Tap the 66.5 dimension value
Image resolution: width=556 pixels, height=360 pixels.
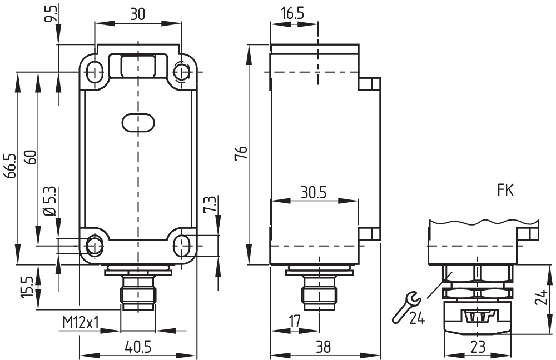(10, 166)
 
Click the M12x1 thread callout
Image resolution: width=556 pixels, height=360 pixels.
(81, 323)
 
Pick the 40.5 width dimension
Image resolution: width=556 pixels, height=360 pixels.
(138, 347)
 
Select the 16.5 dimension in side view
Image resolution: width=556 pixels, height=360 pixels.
(292, 13)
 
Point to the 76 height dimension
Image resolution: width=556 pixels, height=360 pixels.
(241, 153)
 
